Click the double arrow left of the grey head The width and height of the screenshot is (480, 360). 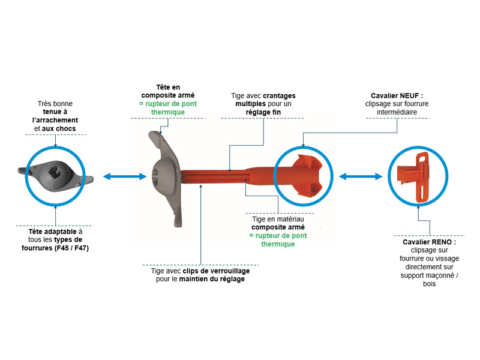pos(125,176)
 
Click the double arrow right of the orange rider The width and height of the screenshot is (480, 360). pos(361,176)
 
